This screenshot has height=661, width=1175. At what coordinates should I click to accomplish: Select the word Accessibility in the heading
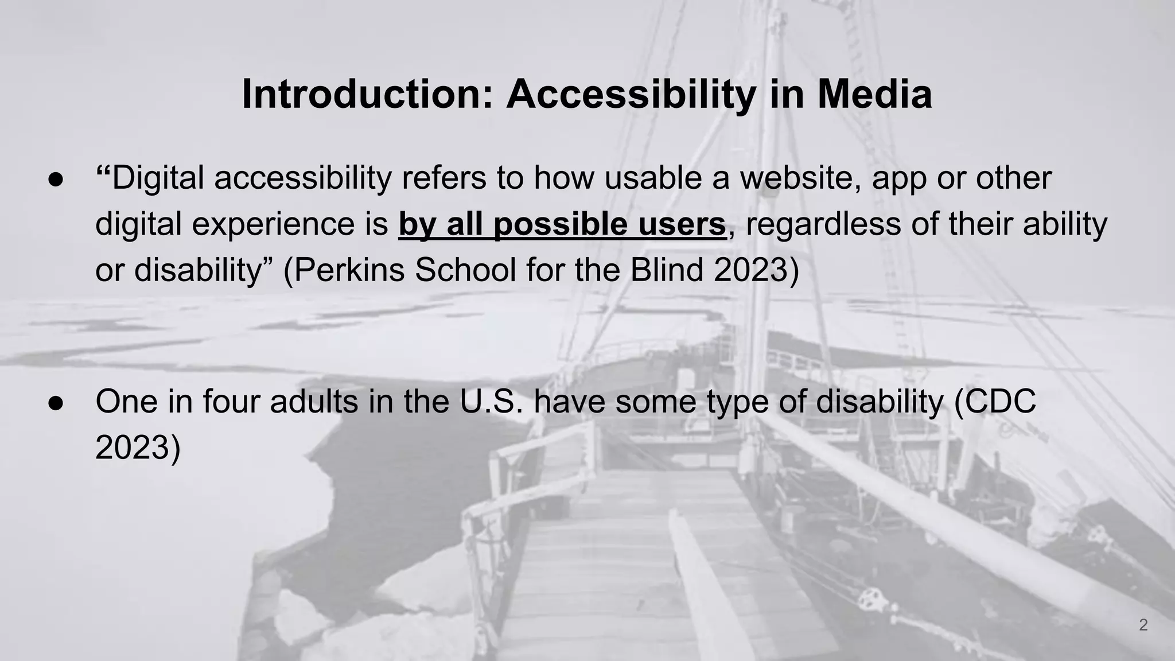tap(631, 94)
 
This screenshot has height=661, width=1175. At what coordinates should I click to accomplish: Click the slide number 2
tap(1143, 625)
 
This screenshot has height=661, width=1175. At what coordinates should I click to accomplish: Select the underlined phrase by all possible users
tap(562, 224)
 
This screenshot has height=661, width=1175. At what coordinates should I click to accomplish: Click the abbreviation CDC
tap(1001, 402)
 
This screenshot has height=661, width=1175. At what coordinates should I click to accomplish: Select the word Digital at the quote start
tap(158, 178)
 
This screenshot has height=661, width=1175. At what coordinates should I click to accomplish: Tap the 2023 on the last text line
tap(133, 448)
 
